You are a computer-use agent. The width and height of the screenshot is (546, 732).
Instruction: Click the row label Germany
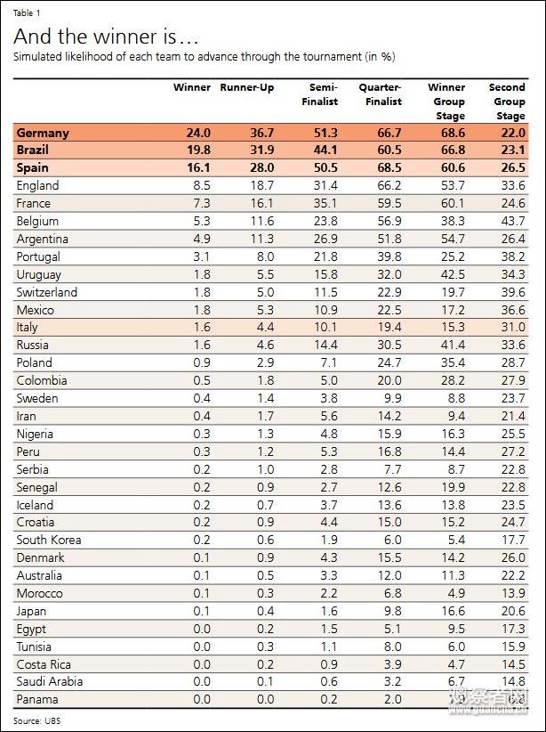click(x=43, y=133)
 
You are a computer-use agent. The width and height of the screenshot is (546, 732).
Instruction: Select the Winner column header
click(x=191, y=88)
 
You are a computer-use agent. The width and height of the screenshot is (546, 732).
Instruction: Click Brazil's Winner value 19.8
click(x=198, y=150)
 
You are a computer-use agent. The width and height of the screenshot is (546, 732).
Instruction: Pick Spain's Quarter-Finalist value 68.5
click(x=389, y=168)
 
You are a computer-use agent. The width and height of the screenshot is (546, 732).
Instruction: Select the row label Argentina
click(x=43, y=239)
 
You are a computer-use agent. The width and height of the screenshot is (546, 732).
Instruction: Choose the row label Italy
click(x=28, y=328)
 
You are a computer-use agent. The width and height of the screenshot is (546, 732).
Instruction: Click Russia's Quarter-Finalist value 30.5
click(x=389, y=345)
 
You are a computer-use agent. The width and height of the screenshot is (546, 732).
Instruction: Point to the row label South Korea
click(x=49, y=540)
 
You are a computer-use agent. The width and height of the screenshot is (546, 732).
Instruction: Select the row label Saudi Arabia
click(x=50, y=681)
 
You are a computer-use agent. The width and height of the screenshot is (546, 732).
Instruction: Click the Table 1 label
click(x=27, y=13)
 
